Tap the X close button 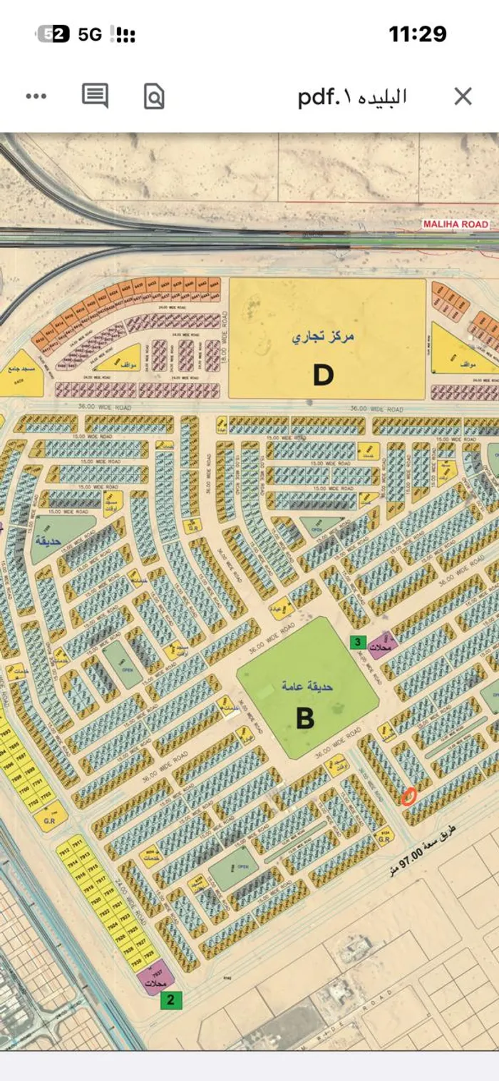pyautogui.click(x=463, y=96)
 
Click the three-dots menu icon pyautogui.click(x=36, y=96)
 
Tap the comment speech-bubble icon pyautogui.click(x=95, y=96)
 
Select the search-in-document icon pyautogui.click(x=154, y=96)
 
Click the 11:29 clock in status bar pyautogui.click(x=417, y=34)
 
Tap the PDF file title pyautogui.click(x=352, y=96)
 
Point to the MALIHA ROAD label pyautogui.click(x=456, y=224)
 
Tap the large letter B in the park pyautogui.click(x=305, y=718)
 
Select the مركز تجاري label pyautogui.click(x=322, y=336)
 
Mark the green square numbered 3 pyautogui.click(x=359, y=642)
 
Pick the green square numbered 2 pyautogui.click(x=170, y=1000)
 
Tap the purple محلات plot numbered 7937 pyautogui.click(x=155, y=978)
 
